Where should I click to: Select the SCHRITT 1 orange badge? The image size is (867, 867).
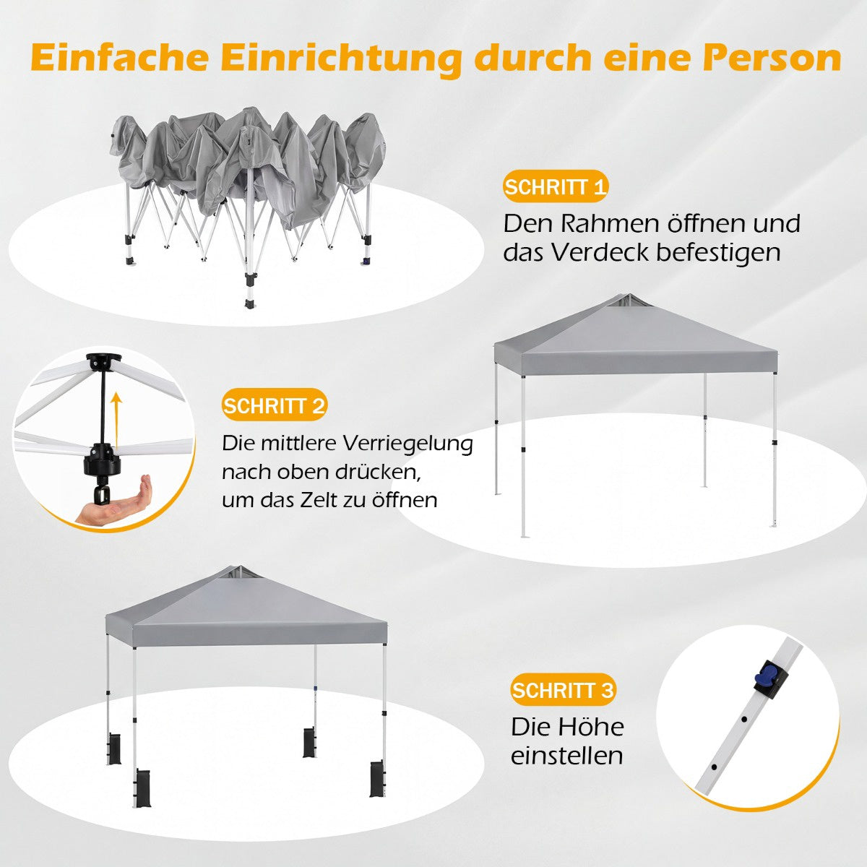(555, 186)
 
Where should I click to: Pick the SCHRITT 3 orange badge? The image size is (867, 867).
(563, 690)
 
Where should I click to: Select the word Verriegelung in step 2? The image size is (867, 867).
(407, 444)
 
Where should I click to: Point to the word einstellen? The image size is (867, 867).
(566, 756)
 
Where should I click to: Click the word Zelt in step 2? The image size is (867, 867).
(319, 500)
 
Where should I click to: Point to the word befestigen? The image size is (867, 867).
(718, 254)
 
